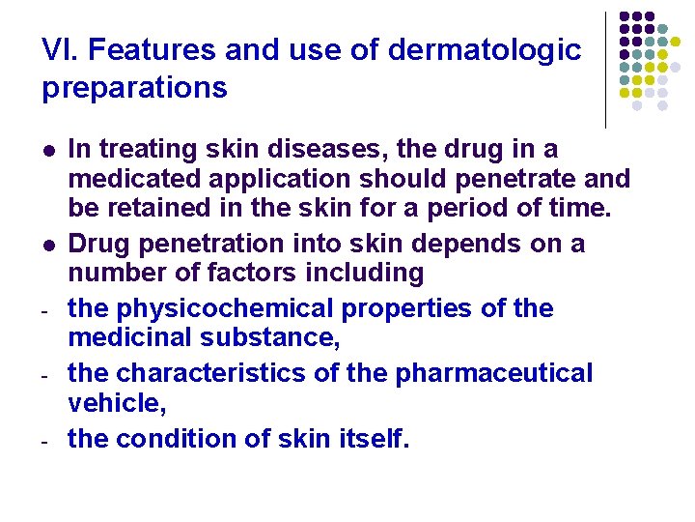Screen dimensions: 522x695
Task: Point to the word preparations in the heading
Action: [135, 88]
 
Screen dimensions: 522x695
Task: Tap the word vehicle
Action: [112, 403]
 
